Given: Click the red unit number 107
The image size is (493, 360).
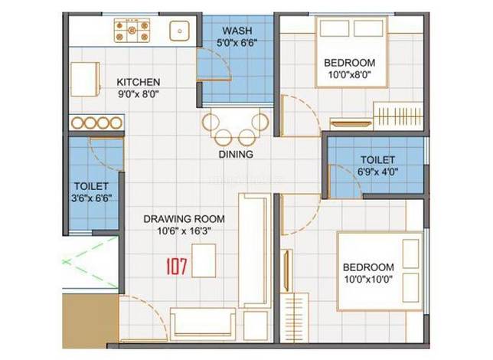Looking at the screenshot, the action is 176,267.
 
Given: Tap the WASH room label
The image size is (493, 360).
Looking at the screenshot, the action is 237,31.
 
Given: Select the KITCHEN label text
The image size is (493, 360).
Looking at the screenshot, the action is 139,82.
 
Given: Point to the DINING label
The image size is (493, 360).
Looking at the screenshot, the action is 236,154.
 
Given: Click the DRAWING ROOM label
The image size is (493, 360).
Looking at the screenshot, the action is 184,219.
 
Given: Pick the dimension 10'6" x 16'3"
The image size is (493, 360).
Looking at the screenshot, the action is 184,231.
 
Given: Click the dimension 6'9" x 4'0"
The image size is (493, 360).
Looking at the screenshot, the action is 378,172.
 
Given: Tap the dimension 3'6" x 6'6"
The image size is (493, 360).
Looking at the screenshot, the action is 92,198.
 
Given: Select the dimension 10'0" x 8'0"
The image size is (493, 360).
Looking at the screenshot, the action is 350,75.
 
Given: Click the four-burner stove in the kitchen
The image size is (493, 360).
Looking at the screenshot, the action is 132,30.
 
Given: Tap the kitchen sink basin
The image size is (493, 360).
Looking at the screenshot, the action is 180,31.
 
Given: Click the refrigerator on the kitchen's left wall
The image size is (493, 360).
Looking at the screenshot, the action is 85,80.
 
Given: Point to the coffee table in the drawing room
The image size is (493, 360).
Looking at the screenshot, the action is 204,260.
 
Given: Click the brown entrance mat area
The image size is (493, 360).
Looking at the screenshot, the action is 90,321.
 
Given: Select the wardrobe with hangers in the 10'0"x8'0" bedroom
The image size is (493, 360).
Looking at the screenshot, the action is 399,116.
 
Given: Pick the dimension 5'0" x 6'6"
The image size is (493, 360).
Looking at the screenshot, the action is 237,42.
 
